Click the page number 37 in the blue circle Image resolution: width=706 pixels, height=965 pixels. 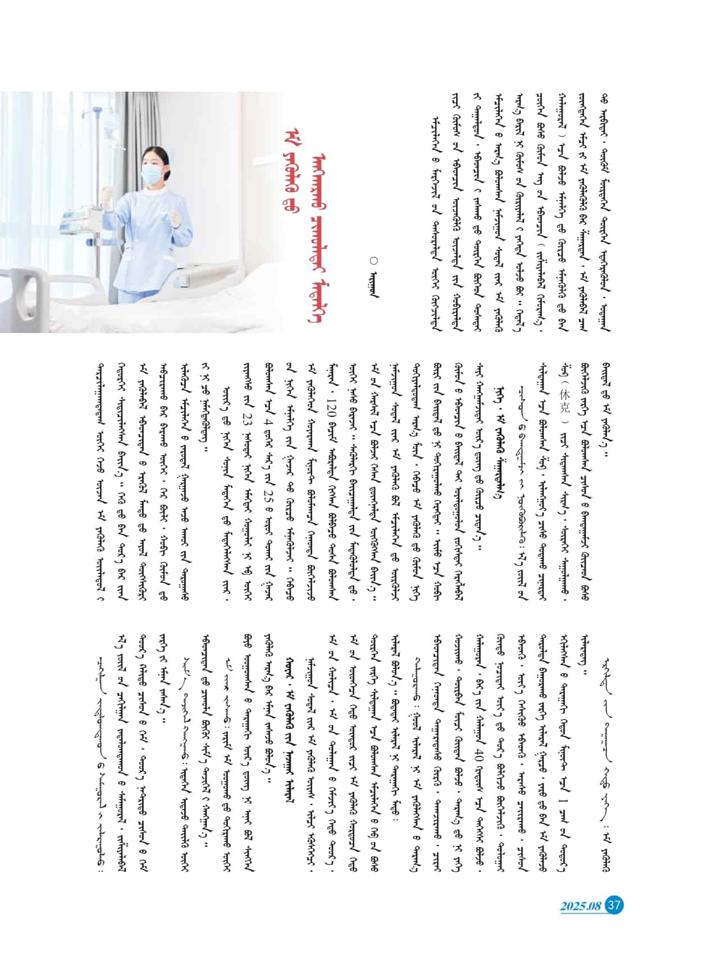[614, 905]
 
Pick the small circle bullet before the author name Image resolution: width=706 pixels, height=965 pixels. [375, 260]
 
